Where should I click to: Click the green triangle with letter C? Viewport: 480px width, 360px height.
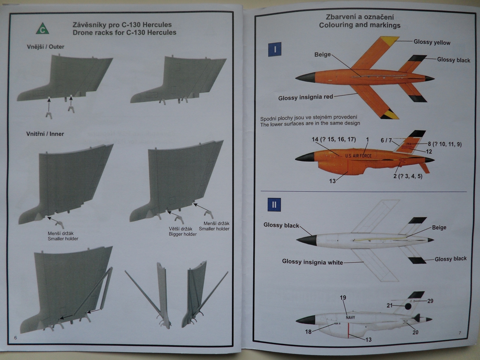pyautogui.click(x=43, y=29)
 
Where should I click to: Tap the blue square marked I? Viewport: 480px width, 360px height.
pyautogui.click(x=275, y=49)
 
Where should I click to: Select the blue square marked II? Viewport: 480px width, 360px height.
pyautogui.click(x=274, y=205)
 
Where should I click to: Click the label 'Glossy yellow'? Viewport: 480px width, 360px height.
pyautogui.click(x=432, y=42)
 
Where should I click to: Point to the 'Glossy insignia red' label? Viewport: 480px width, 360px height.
pyautogui.click(x=305, y=97)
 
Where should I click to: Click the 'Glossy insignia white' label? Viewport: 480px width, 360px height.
pyautogui.click(x=312, y=262)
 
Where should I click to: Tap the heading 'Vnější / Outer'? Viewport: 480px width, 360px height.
pyautogui.click(x=45, y=47)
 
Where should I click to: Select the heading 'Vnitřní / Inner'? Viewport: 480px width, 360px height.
pyautogui.click(x=45, y=134)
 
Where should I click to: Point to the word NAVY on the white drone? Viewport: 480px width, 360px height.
pyautogui.click(x=350, y=317)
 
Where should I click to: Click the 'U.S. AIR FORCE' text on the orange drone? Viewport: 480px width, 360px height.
pyautogui.click(x=358, y=156)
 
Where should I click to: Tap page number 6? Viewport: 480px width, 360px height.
pyautogui.click(x=16, y=338)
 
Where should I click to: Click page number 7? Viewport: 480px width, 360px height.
pyautogui.click(x=460, y=333)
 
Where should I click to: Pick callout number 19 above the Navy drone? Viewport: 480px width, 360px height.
pyautogui.click(x=343, y=298)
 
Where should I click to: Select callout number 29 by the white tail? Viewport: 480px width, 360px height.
pyautogui.click(x=430, y=301)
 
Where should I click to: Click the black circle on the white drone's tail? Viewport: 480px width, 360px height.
pyautogui.click(x=408, y=306)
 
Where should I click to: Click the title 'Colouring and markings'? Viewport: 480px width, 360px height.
pyautogui.click(x=359, y=25)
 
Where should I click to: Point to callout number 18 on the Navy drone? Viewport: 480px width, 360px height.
pyautogui.click(x=308, y=331)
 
